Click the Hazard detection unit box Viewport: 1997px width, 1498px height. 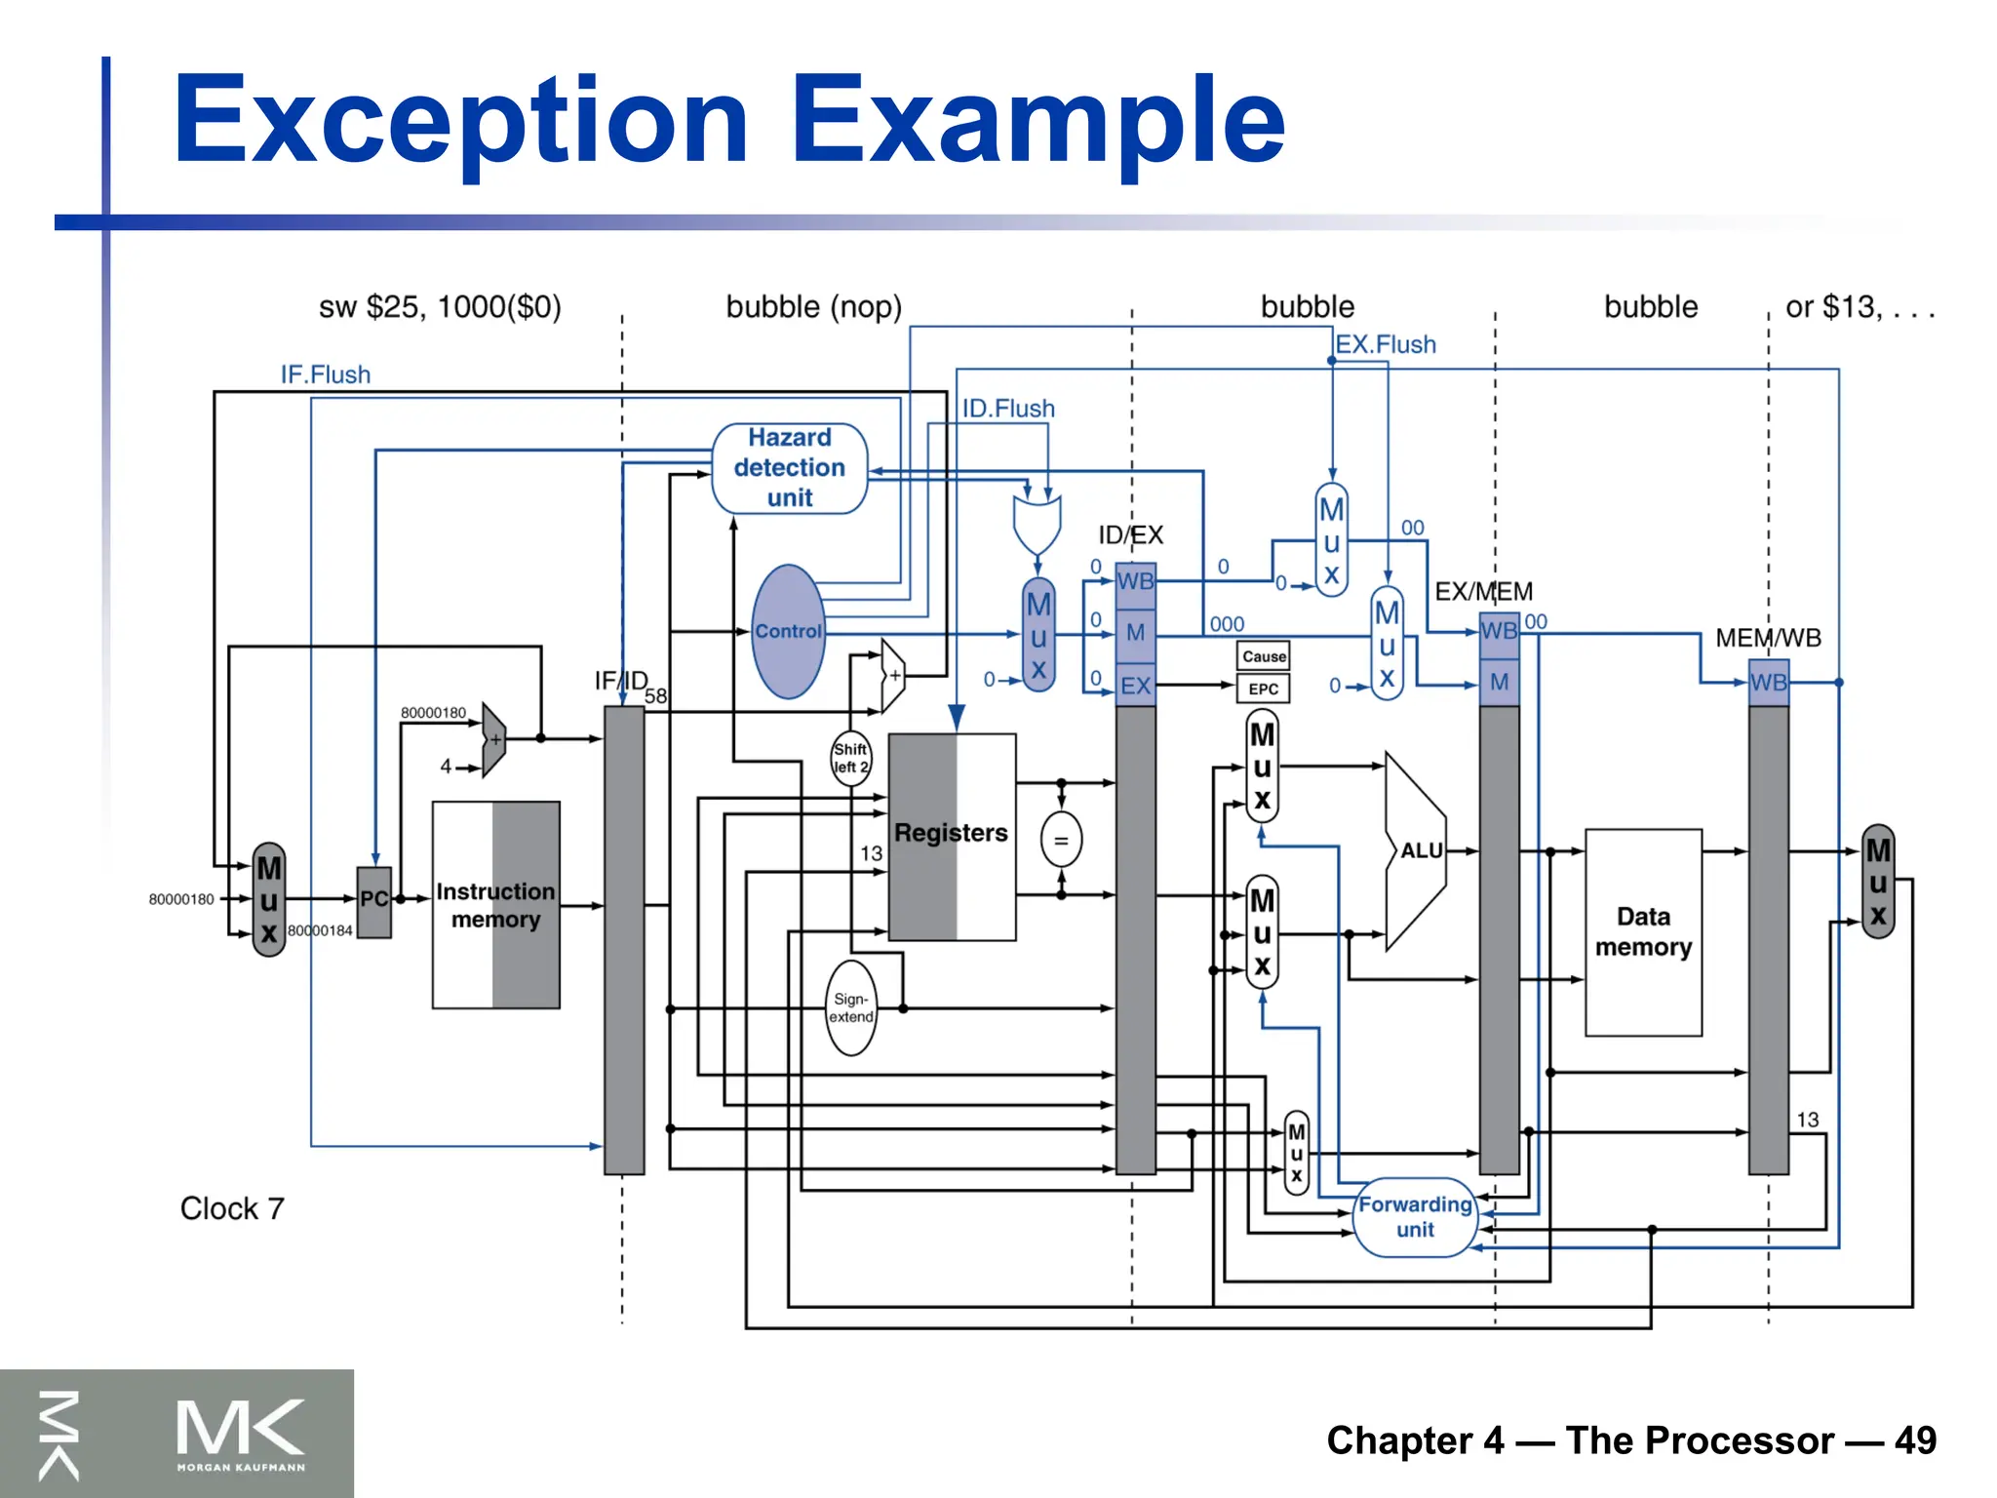789,468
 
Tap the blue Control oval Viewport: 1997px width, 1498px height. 788,632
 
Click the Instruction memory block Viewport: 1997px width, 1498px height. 495,905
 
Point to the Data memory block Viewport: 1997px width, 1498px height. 1643,931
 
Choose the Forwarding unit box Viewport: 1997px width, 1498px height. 1415,1216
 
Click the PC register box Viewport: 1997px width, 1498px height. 374,900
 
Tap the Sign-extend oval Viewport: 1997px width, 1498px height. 850,1008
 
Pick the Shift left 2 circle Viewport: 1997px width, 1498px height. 850,758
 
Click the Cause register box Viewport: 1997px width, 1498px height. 1264,656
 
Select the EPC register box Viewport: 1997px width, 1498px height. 1264,689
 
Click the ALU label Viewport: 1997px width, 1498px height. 1421,850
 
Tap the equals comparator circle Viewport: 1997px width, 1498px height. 1061,840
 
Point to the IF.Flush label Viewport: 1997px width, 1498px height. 326,374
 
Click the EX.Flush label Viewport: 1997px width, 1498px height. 1386,344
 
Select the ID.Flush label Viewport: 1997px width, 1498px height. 1008,409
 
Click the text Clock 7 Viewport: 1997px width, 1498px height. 232,1208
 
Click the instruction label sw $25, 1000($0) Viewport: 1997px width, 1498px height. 440,307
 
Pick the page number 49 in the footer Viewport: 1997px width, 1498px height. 1915,1440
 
